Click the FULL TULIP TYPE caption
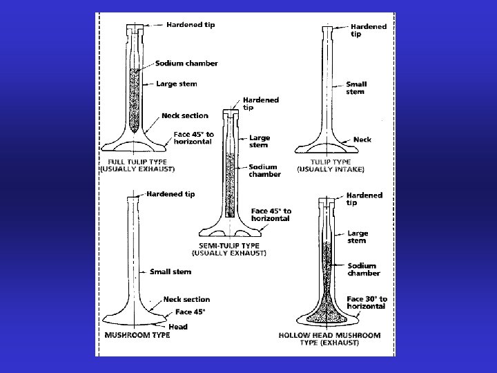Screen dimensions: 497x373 click(x=137, y=165)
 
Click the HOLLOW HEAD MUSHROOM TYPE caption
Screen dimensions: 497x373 click(x=329, y=338)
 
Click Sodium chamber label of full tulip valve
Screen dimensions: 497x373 click(x=186, y=63)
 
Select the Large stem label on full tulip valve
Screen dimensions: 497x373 click(x=177, y=84)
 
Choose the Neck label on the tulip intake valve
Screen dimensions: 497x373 click(x=362, y=139)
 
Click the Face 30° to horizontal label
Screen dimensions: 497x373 click(x=367, y=303)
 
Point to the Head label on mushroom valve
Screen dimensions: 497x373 click(x=177, y=326)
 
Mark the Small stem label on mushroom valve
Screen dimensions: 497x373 click(x=170, y=271)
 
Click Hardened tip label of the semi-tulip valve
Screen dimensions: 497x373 click(x=261, y=104)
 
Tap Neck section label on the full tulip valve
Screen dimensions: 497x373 click(x=184, y=115)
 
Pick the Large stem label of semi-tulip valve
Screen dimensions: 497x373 click(x=260, y=141)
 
